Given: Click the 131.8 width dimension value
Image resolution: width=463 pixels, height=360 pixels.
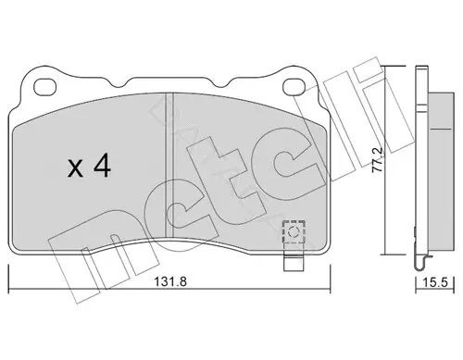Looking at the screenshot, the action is pos(170,282).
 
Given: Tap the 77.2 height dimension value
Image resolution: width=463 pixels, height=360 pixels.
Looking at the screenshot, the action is pos(377,160).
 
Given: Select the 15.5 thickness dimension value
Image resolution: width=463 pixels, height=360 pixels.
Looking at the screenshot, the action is pos(435,282).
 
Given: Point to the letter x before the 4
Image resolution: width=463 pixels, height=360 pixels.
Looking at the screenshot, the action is pos(75,169).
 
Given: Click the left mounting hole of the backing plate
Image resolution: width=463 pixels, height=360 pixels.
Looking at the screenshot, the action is pos(44,87).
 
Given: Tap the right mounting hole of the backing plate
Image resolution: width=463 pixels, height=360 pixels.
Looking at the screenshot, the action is pos(294,86).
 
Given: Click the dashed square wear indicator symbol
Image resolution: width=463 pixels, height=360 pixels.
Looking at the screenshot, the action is pos(294,231).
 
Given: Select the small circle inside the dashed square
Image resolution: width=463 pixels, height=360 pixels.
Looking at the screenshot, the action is pos(294,231).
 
